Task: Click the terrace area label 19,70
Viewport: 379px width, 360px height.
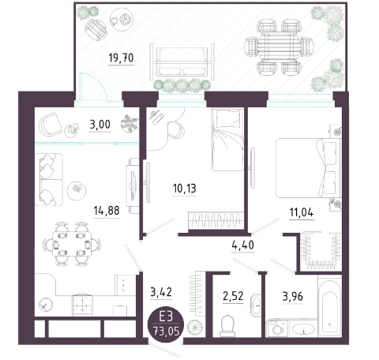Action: pyautogui.click(x=121, y=58)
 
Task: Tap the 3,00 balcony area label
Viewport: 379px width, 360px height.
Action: pyautogui.click(x=100, y=125)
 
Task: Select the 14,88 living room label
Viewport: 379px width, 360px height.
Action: pyautogui.click(x=107, y=211)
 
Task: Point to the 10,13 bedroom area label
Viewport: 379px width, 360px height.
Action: pyautogui.click(x=185, y=189)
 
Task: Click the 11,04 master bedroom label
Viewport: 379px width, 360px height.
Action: pyautogui.click(x=302, y=212)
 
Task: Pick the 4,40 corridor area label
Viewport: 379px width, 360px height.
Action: pyautogui.click(x=243, y=245)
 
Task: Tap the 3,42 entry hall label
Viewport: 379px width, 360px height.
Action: pyautogui.click(x=161, y=292)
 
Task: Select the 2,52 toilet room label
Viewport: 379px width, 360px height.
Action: pyautogui.click(x=233, y=296)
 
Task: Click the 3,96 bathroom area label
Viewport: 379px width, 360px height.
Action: pyautogui.click(x=293, y=297)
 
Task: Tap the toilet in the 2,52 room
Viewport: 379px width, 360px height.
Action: pyautogui.click(x=227, y=326)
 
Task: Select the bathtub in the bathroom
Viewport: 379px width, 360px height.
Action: pyautogui.click(x=330, y=306)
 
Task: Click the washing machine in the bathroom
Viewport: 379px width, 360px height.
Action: pyautogui.click(x=277, y=328)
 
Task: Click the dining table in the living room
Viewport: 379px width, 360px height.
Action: pyautogui.click(x=72, y=244)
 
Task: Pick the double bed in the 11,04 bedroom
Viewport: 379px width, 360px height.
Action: pyautogui.click(x=308, y=168)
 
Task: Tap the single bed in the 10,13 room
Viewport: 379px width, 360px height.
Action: pyautogui.click(x=227, y=140)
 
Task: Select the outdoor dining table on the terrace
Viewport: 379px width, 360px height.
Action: pyautogui.click(x=279, y=47)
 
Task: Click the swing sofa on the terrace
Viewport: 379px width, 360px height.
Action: pyautogui.click(x=182, y=62)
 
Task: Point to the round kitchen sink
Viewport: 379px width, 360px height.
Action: pyautogui.click(x=45, y=306)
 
